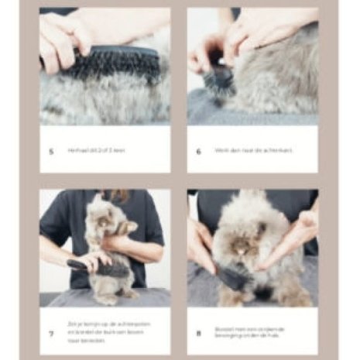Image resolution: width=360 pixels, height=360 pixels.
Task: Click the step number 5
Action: point(51,151)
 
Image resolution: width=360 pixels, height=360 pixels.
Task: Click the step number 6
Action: point(198,151)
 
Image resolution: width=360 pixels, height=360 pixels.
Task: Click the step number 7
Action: point(51,334)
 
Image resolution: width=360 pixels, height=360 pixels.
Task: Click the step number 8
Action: point(198,334)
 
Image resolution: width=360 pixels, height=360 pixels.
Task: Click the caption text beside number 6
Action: point(244,150)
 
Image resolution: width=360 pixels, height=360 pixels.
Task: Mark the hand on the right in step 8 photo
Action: point(298,236)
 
